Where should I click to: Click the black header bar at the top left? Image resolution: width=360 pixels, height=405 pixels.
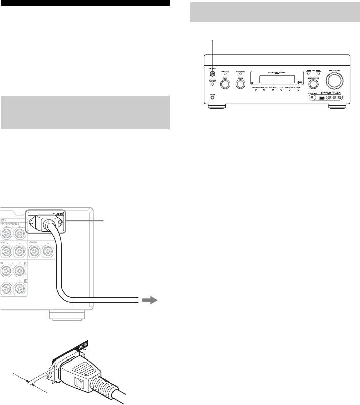click(x=84, y=3)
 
